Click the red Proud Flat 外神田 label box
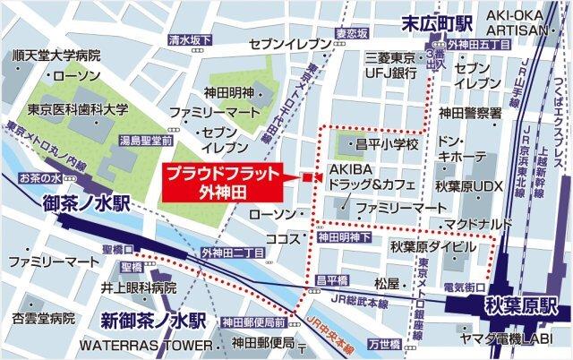(x=224, y=183)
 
